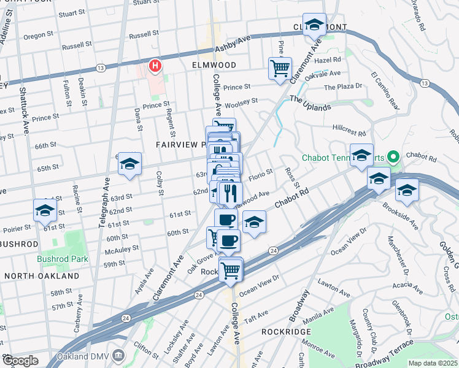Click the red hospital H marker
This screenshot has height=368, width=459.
click(156, 65)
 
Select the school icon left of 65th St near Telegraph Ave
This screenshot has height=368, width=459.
click(129, 164)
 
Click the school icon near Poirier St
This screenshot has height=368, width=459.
click(45, 210)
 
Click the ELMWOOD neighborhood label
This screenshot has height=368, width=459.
click(214, 64)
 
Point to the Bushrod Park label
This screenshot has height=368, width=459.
click(63, 259)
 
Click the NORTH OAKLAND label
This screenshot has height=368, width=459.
click(42, 276)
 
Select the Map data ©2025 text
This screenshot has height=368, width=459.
click(433, 363)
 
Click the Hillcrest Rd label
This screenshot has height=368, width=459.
click(349, 131)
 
